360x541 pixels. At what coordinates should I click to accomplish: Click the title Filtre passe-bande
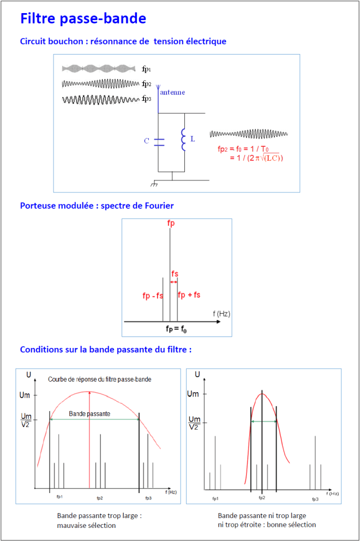[83, 19]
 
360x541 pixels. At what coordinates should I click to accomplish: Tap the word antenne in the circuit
[172, 92]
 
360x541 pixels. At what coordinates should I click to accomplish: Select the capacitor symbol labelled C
[159, 142]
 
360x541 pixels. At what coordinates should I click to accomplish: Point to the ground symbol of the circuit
[155, 184]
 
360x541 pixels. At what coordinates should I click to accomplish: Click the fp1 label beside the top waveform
[146, 69]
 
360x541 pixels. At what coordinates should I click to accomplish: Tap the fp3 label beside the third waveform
[146, 99]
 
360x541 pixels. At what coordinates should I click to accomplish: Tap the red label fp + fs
[189, 294]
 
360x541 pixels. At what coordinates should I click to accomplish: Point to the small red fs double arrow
[174, 282]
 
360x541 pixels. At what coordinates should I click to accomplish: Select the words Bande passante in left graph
[89, 414]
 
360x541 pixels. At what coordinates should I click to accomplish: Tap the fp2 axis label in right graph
[262, 498]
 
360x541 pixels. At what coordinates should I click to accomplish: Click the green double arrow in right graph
[263, 421]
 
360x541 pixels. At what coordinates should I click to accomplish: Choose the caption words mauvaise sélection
[87, 525]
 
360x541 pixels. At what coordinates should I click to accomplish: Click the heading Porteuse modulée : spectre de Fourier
[97, 206]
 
